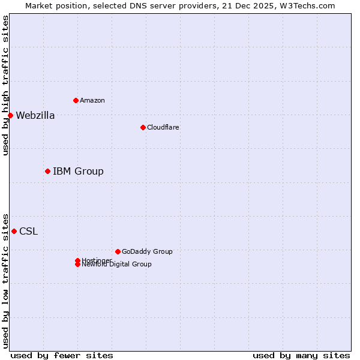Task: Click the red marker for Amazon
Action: [76, 100]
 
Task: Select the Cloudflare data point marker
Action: [143, 127]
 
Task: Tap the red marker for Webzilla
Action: [10, 115]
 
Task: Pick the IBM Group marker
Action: [47, 171]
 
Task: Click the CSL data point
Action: [14, 231]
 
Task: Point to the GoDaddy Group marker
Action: [118, 251]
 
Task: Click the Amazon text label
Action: [92, 100]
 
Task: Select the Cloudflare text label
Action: [163, 127]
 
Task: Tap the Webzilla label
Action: [35, 116]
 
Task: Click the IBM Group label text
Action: [78, 172]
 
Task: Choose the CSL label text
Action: [28, 232]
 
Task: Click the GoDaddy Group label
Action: [146, 251]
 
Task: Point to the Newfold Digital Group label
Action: [116, 265]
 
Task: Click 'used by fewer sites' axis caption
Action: [62, 355]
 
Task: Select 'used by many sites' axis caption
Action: [301, 355]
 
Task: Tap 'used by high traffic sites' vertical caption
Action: [5, 85]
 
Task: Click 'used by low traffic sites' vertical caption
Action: [5, 280]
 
